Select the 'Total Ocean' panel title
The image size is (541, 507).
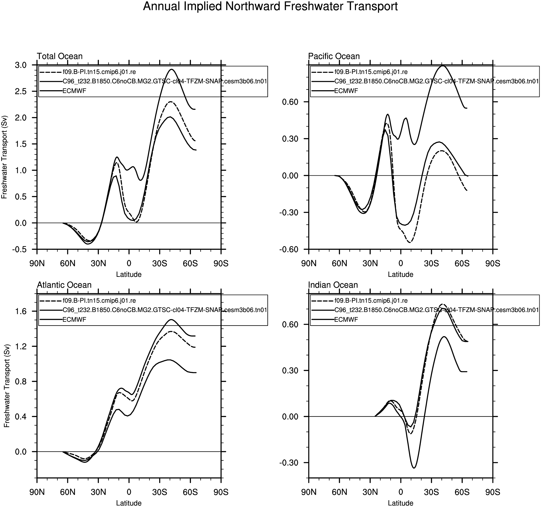coord(60,56)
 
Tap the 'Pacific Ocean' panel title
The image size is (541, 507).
coord(334,56)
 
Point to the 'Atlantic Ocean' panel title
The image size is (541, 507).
coord(64,285)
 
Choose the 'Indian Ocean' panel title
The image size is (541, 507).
coord(332,285)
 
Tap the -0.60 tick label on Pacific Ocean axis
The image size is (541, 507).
coord(290,249)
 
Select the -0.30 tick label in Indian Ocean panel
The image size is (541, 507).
coord(290,463)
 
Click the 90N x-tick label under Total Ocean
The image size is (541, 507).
coord(37,264)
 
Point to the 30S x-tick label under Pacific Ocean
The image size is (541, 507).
coord(431,264)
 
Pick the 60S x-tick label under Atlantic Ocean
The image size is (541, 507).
coord(190,492)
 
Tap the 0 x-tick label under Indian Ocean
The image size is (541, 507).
coord(400,492)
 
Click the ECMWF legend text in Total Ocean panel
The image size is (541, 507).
coord(74,91)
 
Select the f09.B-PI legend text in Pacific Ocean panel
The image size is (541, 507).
coord(371,72)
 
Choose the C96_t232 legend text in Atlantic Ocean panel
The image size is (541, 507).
coord(164,310)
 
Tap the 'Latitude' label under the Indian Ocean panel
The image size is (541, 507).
coord(400,503)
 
